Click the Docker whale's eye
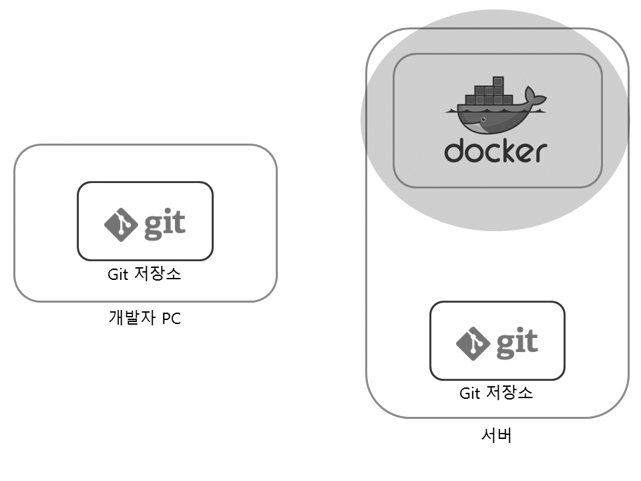[483, 120]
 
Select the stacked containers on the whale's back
[489, 93]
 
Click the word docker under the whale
[495, 151]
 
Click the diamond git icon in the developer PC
[121, 224]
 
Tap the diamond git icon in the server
[473, 343]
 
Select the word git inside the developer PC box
[164, 224]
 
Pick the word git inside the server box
[515, 343]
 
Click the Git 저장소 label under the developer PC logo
[144, 274]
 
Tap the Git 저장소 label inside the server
[496, 393]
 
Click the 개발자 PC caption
[144, 317]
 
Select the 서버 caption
[496, 436]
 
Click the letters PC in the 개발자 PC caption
[171, 318]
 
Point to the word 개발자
[132, 317]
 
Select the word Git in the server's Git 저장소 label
[469, 393]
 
